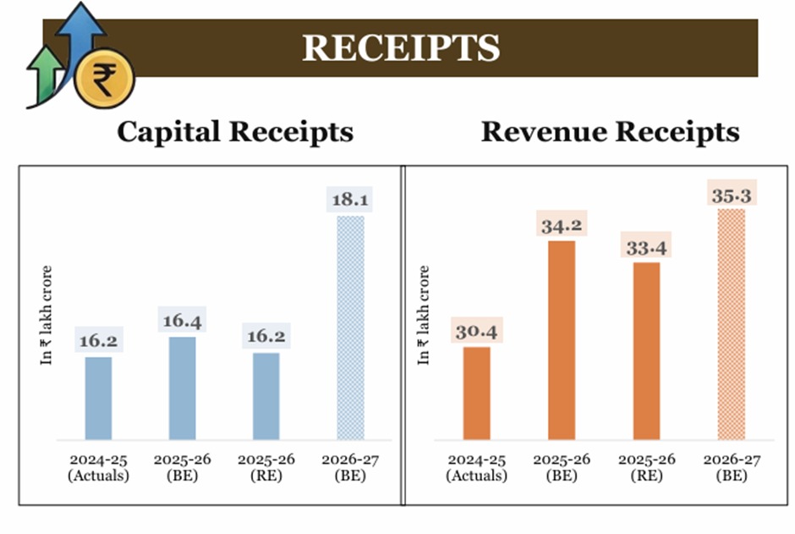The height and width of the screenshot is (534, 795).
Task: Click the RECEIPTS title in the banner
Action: coord(401,48)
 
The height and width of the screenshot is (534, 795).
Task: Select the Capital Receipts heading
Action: coord(234,132)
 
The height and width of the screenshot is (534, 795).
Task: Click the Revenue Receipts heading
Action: coord(610,132)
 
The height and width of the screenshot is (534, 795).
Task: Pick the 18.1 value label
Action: coord(350,200)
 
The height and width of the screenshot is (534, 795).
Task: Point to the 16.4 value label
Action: coord(182,321)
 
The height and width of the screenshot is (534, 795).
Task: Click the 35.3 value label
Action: coord(731,195)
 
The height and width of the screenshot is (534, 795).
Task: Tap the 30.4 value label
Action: coord(477,331)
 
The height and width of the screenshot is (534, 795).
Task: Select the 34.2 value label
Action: coord(562,225)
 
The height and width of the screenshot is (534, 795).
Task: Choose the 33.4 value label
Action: coord(646,247)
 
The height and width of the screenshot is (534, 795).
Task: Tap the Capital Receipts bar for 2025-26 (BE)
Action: coord(182,388)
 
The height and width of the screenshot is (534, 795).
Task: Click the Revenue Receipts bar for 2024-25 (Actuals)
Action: coord(477,394)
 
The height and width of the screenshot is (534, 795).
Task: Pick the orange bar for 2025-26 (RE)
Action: coord(646,351)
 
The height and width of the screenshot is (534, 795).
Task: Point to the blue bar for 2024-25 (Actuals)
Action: coord(98,399)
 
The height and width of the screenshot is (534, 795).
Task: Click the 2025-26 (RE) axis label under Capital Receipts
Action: coord(266,467)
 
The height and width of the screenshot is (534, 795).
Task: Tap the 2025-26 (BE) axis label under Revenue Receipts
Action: coord(562,467)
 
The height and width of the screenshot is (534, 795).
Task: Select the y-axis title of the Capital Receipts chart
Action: coord(47,316)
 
